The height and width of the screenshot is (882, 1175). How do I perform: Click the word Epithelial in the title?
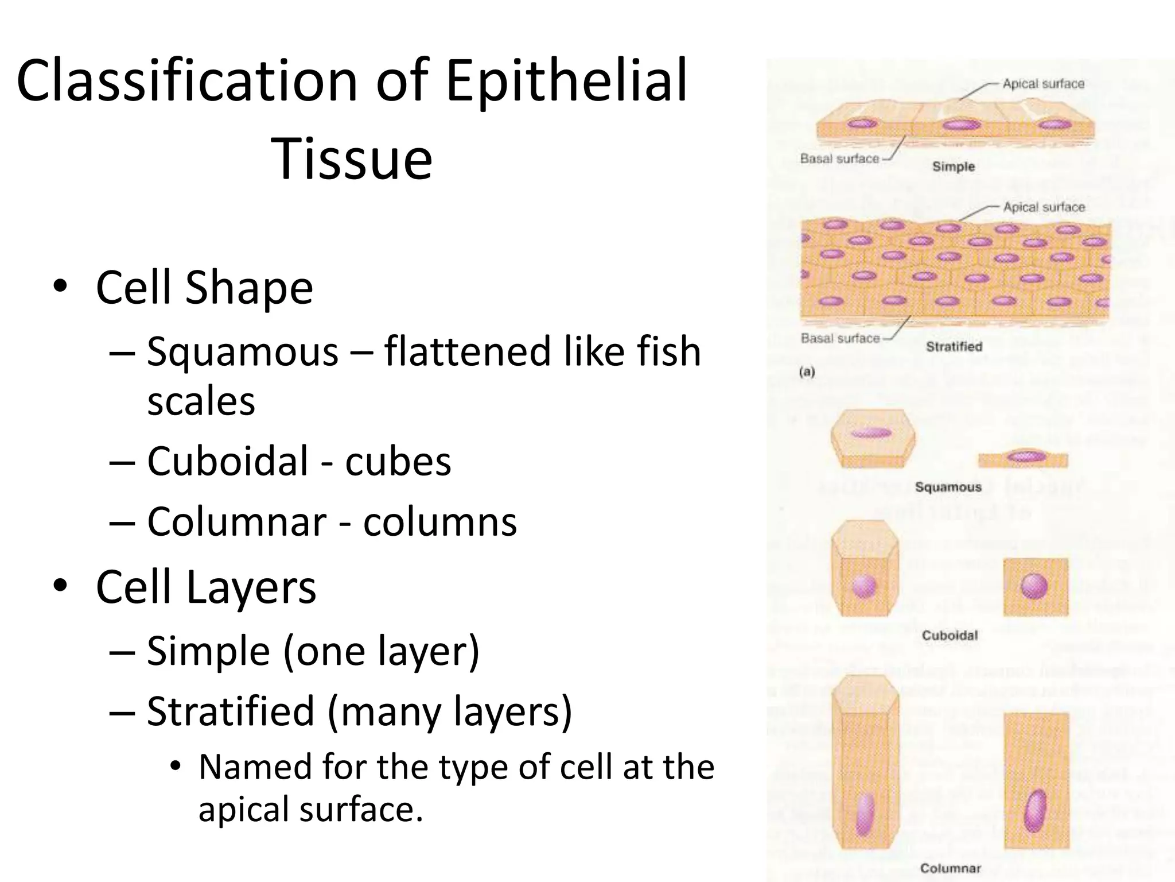566,82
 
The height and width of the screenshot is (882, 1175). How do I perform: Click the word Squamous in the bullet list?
243,351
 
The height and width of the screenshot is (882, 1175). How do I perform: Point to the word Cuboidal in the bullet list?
228,461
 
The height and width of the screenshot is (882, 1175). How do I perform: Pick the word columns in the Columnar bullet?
440,522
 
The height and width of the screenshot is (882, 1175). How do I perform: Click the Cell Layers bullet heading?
205,587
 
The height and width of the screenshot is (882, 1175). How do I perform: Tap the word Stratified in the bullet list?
231,711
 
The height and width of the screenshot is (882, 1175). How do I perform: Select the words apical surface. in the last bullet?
310,809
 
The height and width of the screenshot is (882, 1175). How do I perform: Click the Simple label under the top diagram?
954,167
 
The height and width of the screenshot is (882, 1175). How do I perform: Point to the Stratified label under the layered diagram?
954,347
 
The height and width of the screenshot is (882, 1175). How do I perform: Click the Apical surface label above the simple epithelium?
1044,84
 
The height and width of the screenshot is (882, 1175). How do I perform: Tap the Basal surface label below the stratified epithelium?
840,339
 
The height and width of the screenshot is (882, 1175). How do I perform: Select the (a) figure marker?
807,372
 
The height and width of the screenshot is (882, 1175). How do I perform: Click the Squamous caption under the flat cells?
948,488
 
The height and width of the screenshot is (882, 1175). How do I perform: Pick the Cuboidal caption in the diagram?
950,636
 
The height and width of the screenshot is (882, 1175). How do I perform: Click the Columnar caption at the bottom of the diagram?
950,868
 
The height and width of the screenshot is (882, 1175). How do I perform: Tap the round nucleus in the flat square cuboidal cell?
1035,586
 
